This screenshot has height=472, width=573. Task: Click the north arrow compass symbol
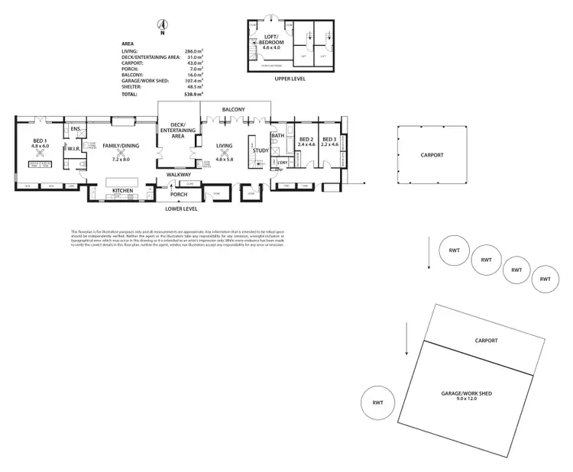coord(161,25)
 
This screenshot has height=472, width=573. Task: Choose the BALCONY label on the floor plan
coord(233,110)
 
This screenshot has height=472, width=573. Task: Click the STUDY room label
coord(261,150)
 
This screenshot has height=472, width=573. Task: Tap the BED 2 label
coord(306,139)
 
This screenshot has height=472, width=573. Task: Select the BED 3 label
coord(329,139)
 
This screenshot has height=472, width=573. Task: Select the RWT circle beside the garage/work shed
coord(378,402)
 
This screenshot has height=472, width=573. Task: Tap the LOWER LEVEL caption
coord(182,208)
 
